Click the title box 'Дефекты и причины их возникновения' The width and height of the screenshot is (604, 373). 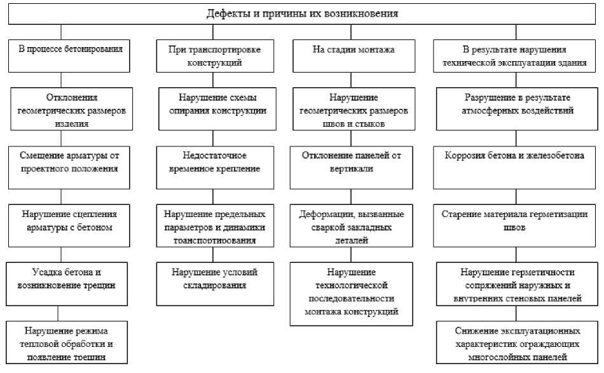pyautogui.click(x=302, y=13)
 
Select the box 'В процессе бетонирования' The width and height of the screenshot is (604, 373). pyautogui.click(x=62, y=55)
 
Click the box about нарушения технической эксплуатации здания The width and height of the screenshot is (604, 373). pyautogui.click(x=515, y=55)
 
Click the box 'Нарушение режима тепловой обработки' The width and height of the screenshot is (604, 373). pyautogui.click(x=67, y=343)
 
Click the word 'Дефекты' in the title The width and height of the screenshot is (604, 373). pyautogui.click(x=226, y=13)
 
